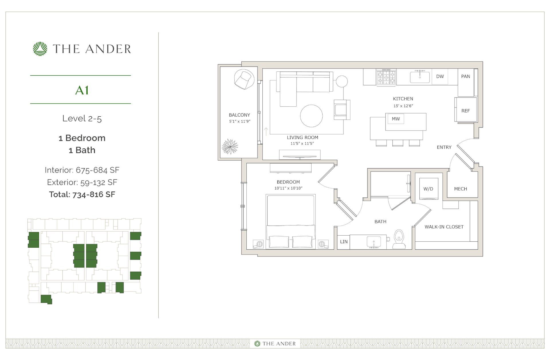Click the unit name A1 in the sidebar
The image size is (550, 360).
82,90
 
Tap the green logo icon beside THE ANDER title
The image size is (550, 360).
40,49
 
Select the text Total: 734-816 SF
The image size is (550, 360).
82,194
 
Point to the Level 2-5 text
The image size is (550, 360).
82,118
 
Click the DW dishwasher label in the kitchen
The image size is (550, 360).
440,77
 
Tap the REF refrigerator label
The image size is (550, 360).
465,111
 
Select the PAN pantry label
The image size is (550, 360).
465,77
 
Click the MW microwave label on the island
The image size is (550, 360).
396,119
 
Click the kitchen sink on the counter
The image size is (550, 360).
420,77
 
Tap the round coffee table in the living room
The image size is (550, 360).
311,116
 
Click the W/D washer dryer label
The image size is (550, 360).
428,189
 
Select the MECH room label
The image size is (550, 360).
460,189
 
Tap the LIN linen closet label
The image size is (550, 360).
344,242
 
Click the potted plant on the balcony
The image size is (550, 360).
230,146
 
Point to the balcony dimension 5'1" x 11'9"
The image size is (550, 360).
239,122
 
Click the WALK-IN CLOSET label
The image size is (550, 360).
444,227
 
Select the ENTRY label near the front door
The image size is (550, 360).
444,147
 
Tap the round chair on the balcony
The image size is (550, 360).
244,79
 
